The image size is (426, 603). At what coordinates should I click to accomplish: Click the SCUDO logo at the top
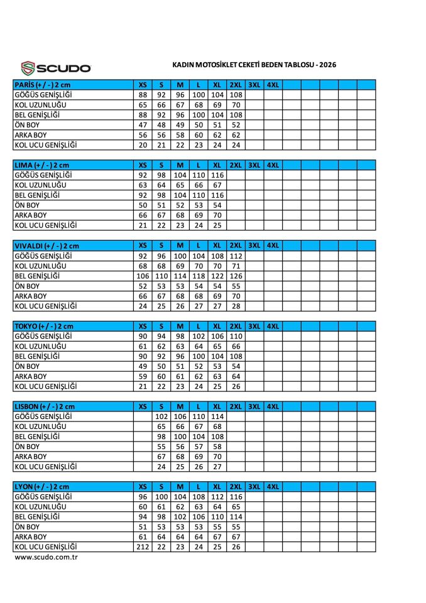coord(56,67)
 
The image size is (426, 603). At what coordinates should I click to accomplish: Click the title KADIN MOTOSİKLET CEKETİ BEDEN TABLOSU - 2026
coord(254,65)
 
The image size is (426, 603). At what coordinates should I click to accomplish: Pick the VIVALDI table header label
coord(46,246)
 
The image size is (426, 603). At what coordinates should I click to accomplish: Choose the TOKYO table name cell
coord(43,326)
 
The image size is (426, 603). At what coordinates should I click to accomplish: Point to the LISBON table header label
coord(44,406)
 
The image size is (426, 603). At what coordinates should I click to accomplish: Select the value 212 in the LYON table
coord(143,547)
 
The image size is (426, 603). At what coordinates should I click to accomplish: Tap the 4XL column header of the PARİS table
coord(273,84)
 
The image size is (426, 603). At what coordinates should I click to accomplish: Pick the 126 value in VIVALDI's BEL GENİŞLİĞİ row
coord(236,276)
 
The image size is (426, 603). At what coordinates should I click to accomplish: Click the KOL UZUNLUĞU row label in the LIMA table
coord(40,185)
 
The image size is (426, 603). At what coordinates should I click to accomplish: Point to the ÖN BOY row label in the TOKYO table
coord(27,366)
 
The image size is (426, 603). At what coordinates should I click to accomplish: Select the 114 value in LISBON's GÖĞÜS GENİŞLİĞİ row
coord(217,416)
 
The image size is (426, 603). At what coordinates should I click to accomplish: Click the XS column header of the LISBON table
coord(143,406)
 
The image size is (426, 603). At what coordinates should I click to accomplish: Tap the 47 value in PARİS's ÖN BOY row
coord(143,125)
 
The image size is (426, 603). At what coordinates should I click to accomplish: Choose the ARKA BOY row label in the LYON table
coord(31,537)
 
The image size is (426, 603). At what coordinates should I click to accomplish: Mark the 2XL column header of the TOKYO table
coord(236,326)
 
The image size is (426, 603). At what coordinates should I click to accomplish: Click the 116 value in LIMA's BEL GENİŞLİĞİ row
coord(217,195)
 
